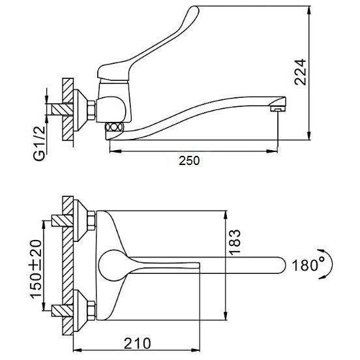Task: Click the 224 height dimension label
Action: [301, 72]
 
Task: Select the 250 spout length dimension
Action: [189, 160]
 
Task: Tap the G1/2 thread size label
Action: [39, 143]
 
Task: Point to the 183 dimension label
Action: [235, 242]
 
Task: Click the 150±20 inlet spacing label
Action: [36, 269]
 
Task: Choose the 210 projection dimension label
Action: [138, 343]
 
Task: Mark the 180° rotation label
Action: [308, 265]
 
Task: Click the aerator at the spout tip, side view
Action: [278, 109]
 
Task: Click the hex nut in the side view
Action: [91, 110]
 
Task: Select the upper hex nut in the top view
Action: [91, 220]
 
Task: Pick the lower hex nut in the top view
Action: [91, 310]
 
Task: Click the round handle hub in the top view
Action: [112, 265]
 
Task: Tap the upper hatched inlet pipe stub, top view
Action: [62, 220]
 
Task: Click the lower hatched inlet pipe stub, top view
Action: [62, 310]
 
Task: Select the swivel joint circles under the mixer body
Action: [114, 127]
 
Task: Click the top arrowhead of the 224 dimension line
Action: [309, 10]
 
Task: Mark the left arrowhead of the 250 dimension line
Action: [115, 151]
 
